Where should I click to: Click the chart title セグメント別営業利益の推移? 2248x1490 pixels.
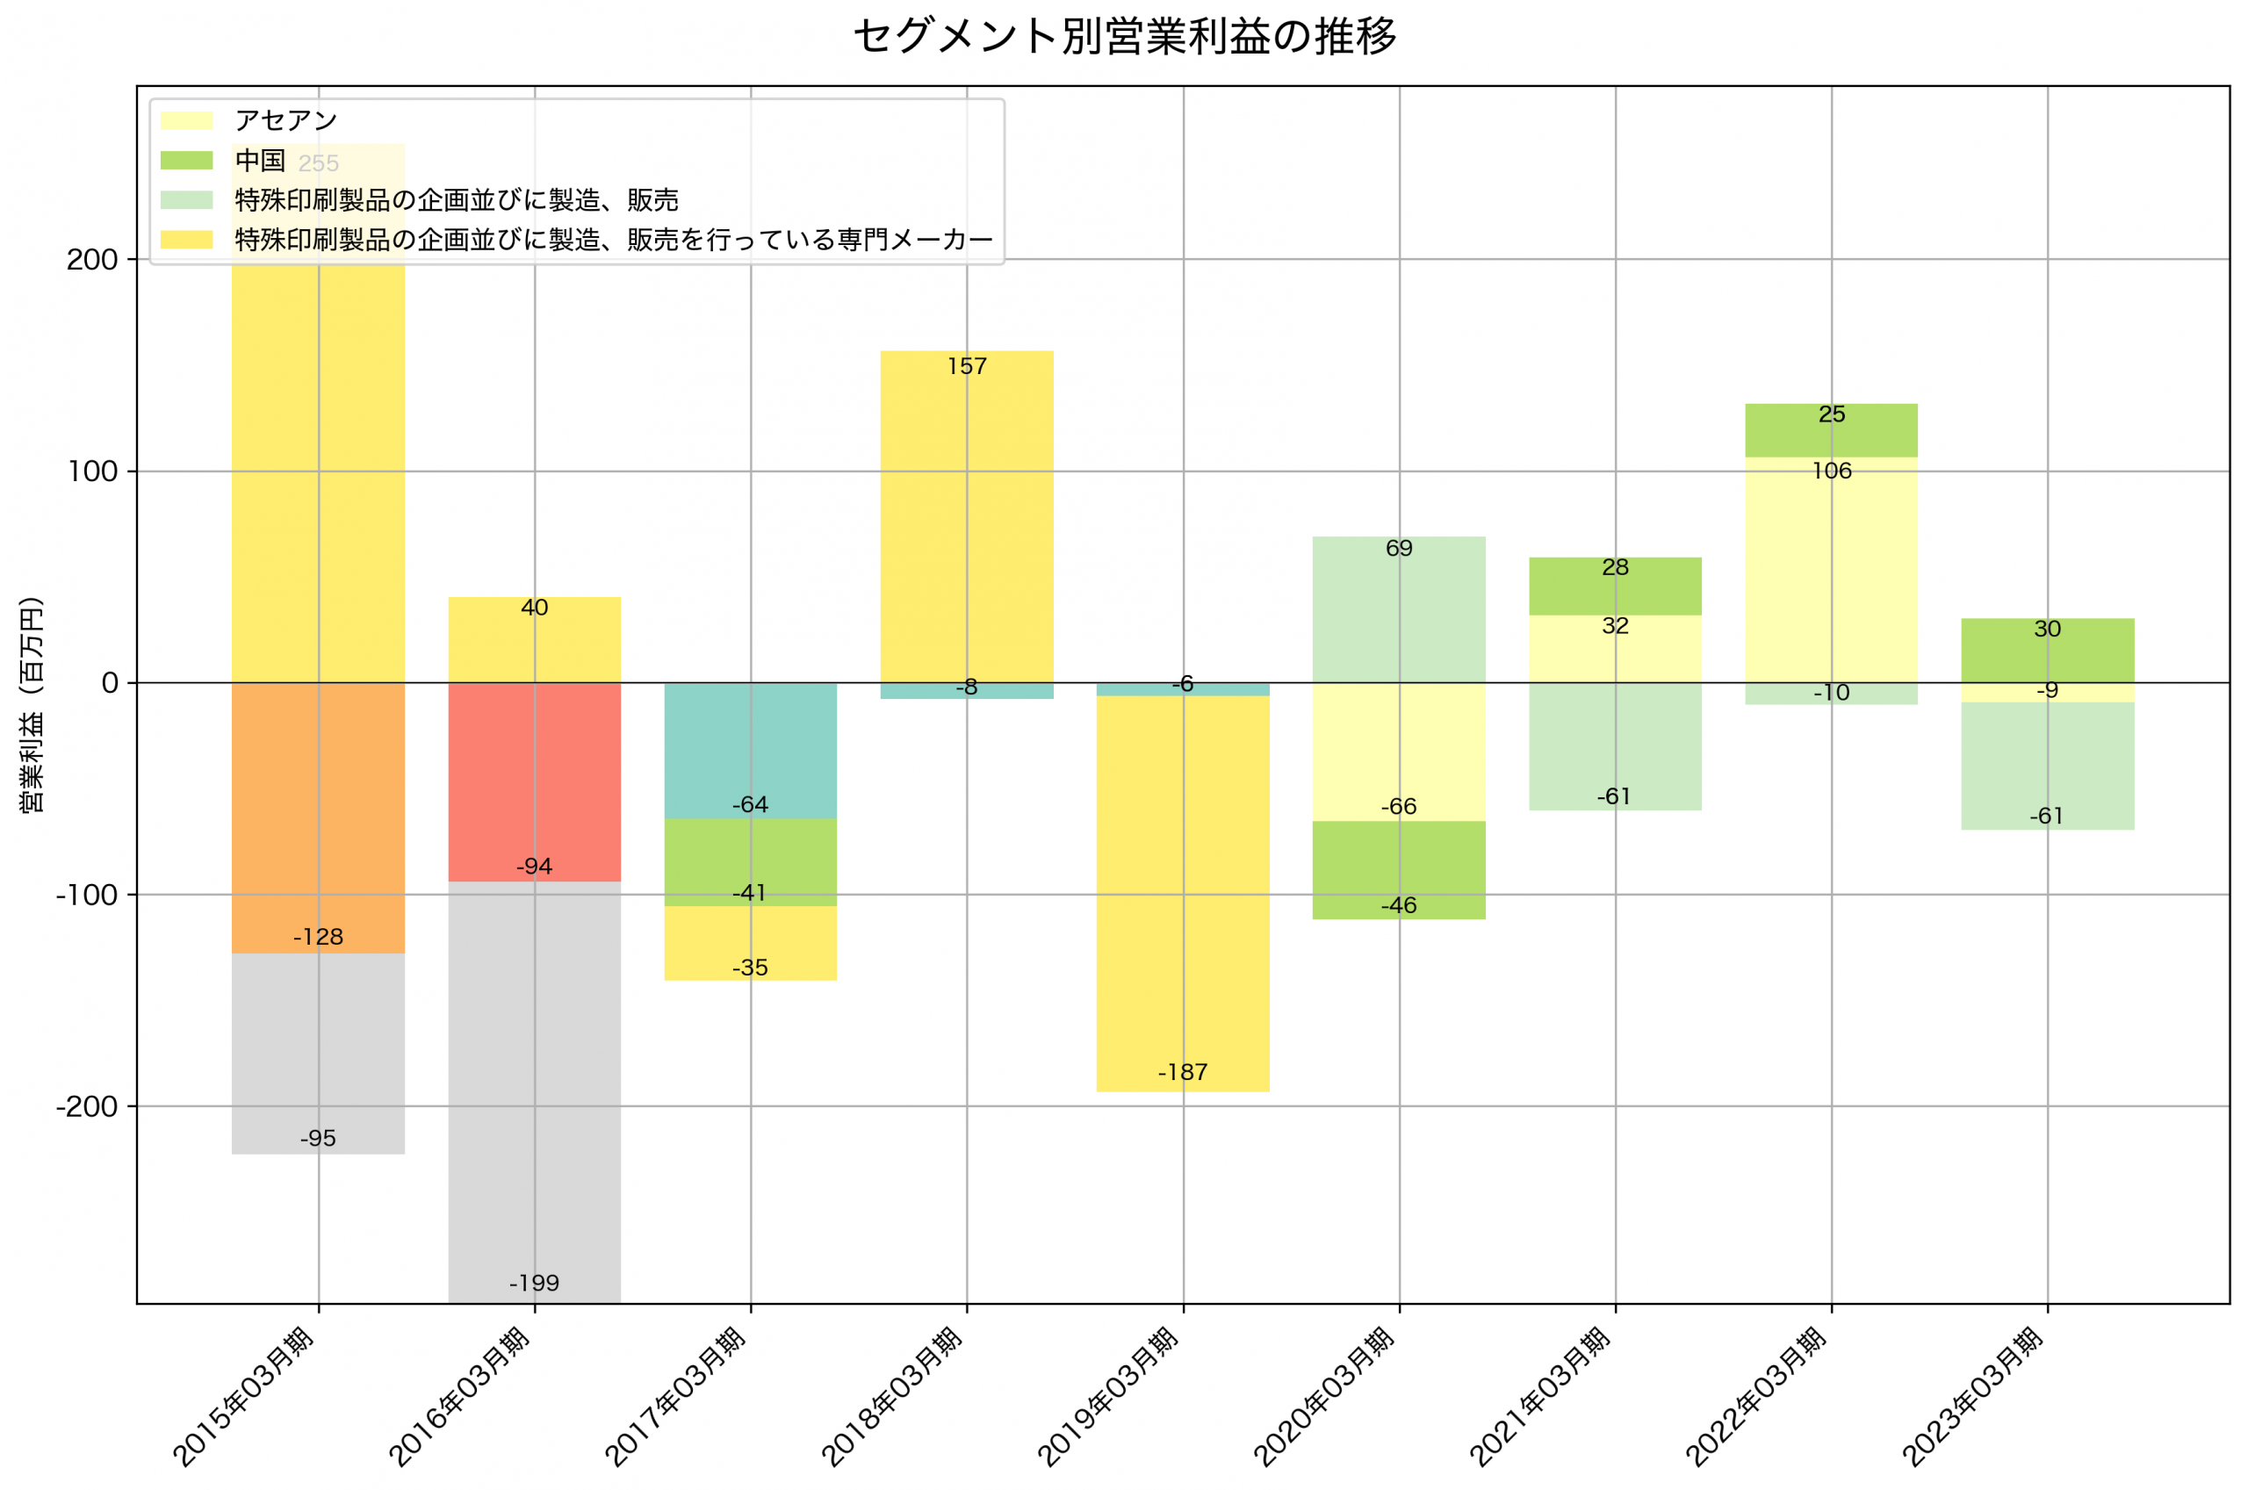click(1124, 36)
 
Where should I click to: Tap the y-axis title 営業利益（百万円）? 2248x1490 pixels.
click(32, 704)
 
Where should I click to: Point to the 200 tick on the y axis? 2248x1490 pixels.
click(91, 259)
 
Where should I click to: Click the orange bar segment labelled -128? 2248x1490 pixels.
click(317, 817)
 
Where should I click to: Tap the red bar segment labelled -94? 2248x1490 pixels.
click(534, 781)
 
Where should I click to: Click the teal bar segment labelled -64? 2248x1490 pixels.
click(750, 750)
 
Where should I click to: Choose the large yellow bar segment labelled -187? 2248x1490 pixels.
click(1182, 893)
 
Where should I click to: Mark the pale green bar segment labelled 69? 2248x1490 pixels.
click(1399, 609)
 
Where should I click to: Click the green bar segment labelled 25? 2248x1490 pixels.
click(1831, 430)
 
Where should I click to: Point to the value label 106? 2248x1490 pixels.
click(1831, 471)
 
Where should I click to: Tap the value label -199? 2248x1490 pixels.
click(534, 1284)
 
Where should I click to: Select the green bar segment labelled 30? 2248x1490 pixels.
click(2048, 650)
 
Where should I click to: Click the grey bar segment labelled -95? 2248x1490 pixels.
click(317, 1054)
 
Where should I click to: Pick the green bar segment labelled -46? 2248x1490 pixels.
click(1399, 870)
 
